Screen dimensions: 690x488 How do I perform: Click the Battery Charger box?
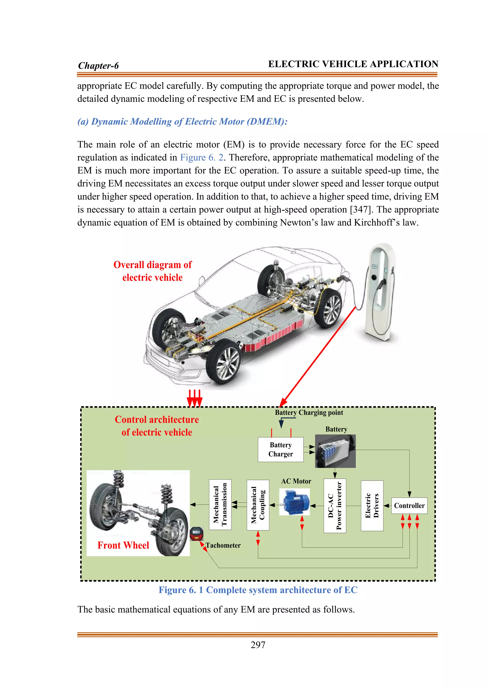280,449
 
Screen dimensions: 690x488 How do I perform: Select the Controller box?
409,506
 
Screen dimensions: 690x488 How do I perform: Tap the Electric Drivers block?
372,506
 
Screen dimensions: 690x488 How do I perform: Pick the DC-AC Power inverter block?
335,506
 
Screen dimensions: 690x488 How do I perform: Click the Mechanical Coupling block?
258,505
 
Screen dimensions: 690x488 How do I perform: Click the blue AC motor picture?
295,501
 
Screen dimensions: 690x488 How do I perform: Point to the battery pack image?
335,451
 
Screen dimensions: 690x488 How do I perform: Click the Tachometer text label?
223,545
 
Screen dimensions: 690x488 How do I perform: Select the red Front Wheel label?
123,545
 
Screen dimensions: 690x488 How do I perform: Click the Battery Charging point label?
309,413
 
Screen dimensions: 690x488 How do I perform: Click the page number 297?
258,645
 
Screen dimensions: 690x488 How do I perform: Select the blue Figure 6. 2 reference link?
202,157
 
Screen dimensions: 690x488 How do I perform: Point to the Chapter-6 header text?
98,66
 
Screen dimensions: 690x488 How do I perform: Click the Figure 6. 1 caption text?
258,590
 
